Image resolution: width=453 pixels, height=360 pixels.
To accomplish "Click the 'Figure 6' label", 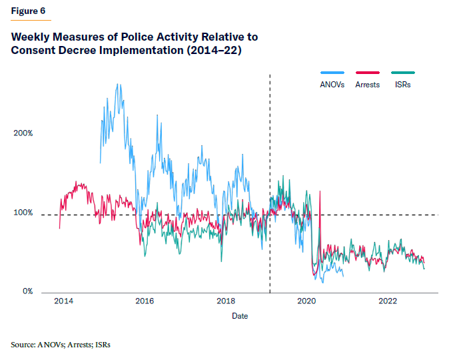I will tap(29, 11).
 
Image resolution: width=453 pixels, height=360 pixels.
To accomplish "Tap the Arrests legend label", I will tap(368, 85).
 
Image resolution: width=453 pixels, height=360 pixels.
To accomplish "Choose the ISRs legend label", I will tap(402, 85).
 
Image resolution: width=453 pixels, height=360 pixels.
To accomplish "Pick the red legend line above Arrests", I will tap(367, 72).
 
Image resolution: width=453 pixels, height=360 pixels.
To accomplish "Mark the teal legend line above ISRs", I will tap(403, 72).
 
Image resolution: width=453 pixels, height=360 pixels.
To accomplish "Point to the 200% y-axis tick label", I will tap(23, 133).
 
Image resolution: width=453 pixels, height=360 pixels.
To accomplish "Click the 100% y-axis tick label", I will tap(23, 213).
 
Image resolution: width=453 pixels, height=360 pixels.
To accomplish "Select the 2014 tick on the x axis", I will tap(63, 302).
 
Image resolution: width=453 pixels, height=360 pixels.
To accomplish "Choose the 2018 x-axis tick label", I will tap(226, 302).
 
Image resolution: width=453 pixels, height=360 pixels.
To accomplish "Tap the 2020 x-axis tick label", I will tap(306, 302).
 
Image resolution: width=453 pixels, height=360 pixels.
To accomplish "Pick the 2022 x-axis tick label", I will tap(388, 302).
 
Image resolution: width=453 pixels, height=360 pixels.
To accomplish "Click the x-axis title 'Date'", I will tap(240, 315).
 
